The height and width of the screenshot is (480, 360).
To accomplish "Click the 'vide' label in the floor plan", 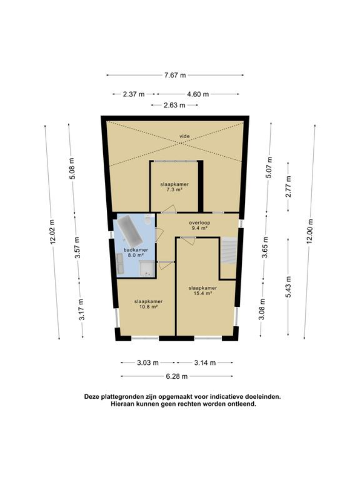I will click(184, 136).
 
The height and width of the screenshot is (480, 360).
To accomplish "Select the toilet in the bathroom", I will click(148, 221).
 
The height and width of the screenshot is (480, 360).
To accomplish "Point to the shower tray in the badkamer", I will click(146, 268).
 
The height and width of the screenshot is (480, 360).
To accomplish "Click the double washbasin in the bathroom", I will click(120, 264).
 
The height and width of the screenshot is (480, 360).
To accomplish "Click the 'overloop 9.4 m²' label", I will click(198, 225).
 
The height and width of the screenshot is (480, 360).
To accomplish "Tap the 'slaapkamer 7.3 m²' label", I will click(175, 187).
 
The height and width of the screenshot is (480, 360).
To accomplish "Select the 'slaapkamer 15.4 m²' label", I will click(203, 291).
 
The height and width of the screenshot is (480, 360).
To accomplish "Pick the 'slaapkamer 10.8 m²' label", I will click(148, 303).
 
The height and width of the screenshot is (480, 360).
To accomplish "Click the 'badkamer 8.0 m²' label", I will click(133, 252).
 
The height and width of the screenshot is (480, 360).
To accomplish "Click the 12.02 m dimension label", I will click(52, 232).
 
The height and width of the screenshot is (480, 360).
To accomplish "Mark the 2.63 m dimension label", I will click(175, 105).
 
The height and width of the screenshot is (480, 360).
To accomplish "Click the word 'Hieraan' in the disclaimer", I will click(123, 404).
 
